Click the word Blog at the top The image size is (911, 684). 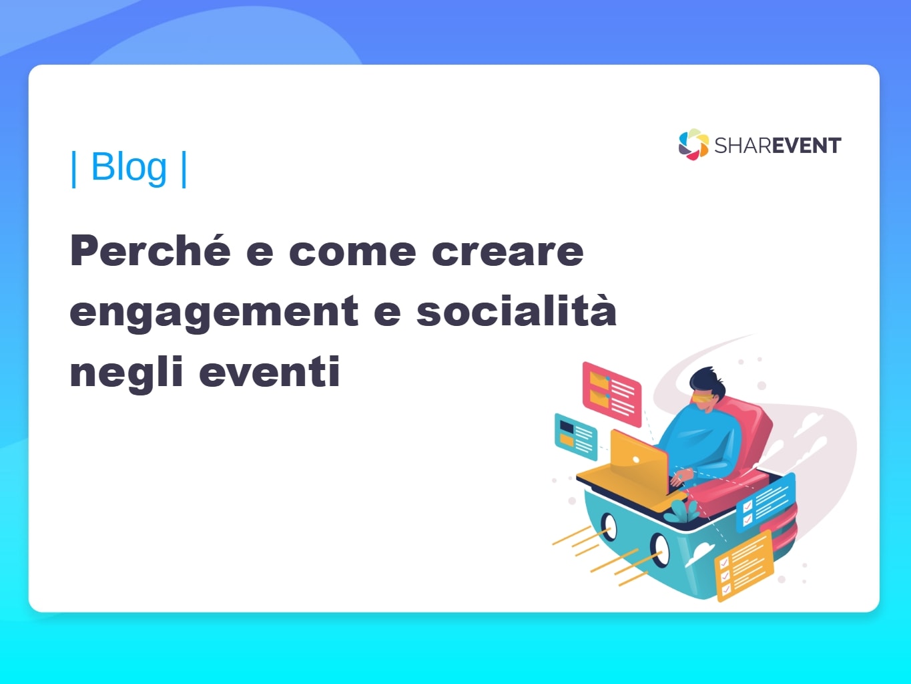pos(129,167)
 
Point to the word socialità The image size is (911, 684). pos(517,309)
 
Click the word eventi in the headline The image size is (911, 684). pos(270,371)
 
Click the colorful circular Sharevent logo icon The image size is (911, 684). pos(693,144)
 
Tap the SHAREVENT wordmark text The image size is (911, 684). pos(778,146)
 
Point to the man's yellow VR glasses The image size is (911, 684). pos(701,398)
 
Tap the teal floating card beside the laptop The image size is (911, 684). pos(576,436)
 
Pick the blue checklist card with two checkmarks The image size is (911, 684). pos(766,502)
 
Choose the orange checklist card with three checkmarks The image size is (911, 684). pos(743,565)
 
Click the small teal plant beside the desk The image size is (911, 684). pos(682,512)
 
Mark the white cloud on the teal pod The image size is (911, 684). pos(699,554)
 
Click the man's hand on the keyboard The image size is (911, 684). pos(681,476)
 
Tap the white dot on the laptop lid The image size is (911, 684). pos(636,460)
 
